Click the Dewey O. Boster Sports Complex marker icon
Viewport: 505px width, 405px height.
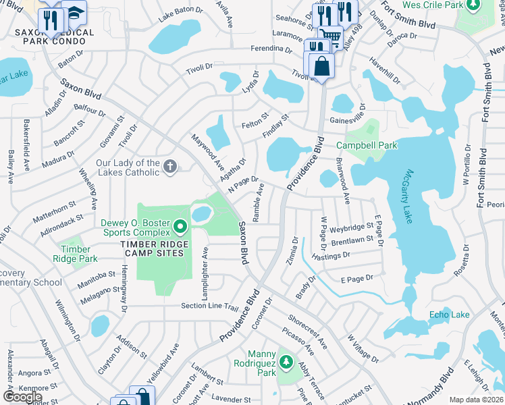180,225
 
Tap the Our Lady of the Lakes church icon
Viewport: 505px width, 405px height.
170,166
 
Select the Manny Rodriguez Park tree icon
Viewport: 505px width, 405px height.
286,362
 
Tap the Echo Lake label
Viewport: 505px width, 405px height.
449,315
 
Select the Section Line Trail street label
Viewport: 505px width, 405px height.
210,306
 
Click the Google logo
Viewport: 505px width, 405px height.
23,397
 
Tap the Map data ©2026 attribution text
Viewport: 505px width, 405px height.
475,400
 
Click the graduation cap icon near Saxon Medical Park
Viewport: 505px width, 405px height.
74,12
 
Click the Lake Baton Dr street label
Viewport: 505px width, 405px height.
180,11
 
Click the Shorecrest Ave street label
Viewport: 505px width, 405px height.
307,331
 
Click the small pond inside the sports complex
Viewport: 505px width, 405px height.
201,214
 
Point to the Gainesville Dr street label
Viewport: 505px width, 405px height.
347,119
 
